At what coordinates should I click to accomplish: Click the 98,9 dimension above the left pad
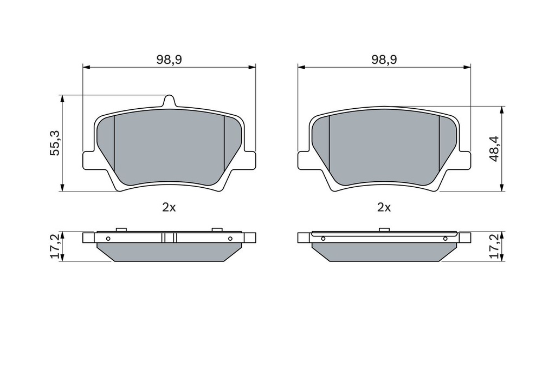(169, 60)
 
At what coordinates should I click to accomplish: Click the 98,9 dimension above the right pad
(384, 60)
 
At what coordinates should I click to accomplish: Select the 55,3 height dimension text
(55, 143)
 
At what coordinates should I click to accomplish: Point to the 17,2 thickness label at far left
(55, 247)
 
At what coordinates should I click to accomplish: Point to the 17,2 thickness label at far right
(493, 247)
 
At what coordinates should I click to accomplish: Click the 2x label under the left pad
(169, 207)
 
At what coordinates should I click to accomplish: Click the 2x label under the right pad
(384, 207)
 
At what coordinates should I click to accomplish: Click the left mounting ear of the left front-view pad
(89, 160)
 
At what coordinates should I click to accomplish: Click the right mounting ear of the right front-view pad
(464, 160)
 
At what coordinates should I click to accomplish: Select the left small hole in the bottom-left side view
(108, 239)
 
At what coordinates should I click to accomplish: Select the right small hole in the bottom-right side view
(446, 239)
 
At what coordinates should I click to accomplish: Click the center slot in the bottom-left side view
(169, 238)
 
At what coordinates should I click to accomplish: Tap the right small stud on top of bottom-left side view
(217, 230)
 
